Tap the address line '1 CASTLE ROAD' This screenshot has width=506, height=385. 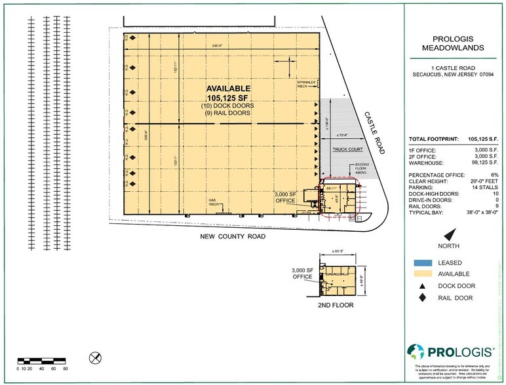point(453,68)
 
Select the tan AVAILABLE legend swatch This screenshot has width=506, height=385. point(424,275)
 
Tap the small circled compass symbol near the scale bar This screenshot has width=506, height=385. point(94,357)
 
